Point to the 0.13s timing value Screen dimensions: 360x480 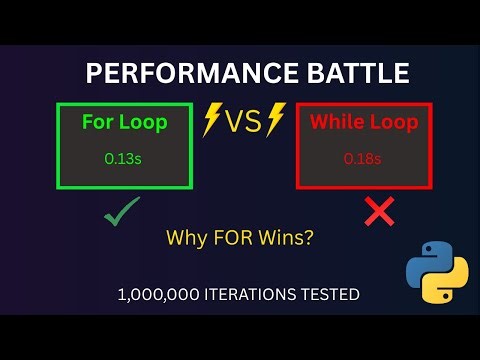click(125, 157)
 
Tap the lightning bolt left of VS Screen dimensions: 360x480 click(212, 121)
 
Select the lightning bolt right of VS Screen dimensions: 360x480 click(276, 121)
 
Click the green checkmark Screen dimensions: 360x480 click(122, 212)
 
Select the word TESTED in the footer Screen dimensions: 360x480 click(333, 295)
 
